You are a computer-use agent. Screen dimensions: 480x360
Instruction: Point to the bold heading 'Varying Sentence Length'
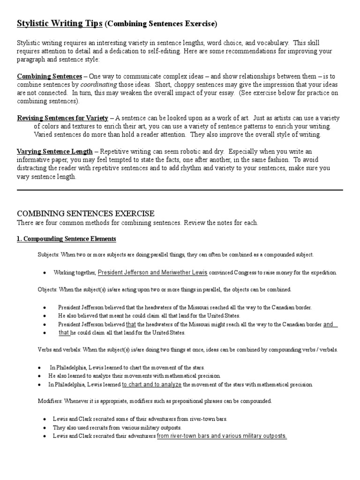pos(55,152)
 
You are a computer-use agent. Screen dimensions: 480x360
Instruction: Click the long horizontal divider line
pos(180,190)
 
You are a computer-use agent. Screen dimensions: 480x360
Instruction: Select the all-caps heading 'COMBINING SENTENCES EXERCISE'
pos(86,213)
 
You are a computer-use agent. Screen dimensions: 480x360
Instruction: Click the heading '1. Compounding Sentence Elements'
pos(66,239)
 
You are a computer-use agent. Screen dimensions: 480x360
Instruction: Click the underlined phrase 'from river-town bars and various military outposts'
pos(221,436)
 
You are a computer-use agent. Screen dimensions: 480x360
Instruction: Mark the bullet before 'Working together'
pos(44,273)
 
